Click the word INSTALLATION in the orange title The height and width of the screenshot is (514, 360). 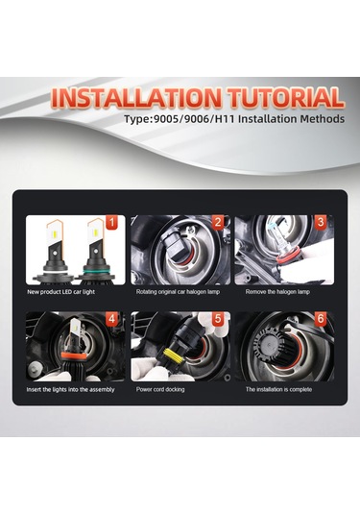(x=136, y=98)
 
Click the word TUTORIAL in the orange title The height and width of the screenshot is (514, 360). (x=286, y=97)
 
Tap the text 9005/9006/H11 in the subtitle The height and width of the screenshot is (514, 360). (x=194, y=119)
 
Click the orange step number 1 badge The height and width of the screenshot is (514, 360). (x=111, y=223)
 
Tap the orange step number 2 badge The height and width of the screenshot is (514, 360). (x=218, y=222)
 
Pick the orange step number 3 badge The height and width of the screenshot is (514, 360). (x=321, y=222)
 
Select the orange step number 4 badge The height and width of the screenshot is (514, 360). (x=111, y=319)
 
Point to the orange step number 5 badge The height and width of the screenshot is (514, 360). (x=218, y=319)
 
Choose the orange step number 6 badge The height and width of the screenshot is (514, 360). (x=321, y=319)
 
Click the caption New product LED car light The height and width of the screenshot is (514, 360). (x=60, y=292)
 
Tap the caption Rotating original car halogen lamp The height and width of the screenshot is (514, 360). (x=178, y=292)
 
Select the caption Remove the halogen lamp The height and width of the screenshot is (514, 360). (x=277, y=292)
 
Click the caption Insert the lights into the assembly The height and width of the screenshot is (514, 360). (x=70, y=389)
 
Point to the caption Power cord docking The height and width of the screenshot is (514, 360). (x=160, y=389)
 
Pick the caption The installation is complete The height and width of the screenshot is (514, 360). (x=278, y=389)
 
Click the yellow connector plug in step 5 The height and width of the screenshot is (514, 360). (x=171, y=357)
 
